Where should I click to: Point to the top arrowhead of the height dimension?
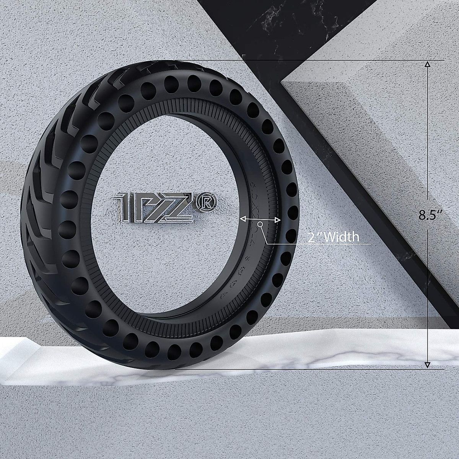(428, 64)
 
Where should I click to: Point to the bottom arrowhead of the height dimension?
(428, 365)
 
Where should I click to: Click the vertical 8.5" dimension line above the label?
(428, 134)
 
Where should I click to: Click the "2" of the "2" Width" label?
(312, 237)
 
